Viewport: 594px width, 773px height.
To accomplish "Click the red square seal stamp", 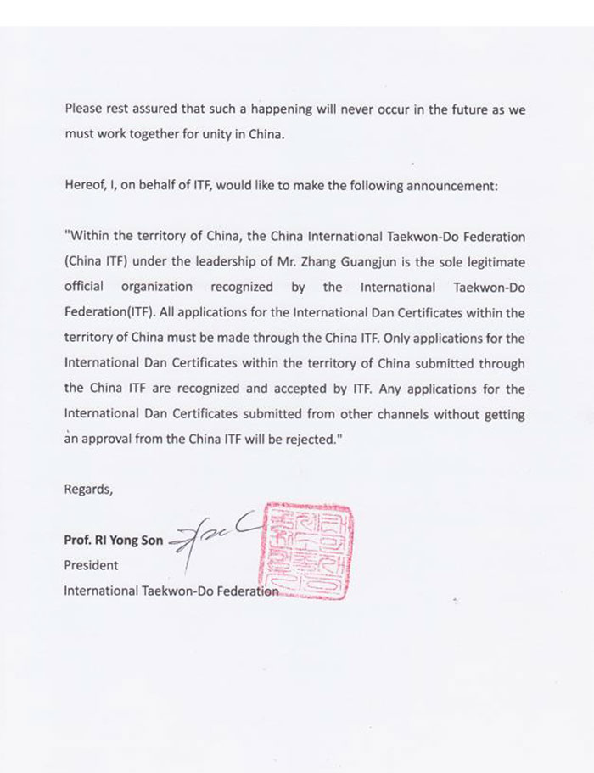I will [307, 552].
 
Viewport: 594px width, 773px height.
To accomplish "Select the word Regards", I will [87, 489].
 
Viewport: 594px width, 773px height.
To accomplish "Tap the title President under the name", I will [92, 565].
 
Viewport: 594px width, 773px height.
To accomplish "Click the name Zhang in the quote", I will [358, 261].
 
